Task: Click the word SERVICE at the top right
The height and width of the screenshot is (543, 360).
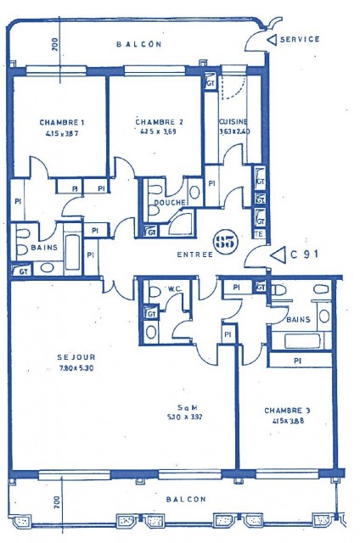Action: click(x=301, y=39)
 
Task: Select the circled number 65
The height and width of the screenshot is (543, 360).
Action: click(x=225, y=242)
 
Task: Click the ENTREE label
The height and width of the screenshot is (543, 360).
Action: click(x=194, y=255)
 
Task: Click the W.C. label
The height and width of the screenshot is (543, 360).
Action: click(x=176, y=288)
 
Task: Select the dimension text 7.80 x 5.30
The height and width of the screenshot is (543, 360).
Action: click(x=52, y=367)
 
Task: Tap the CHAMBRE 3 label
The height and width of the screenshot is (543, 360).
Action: click(x=286, y=410)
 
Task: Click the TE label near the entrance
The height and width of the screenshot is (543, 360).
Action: click(x=260, y=234)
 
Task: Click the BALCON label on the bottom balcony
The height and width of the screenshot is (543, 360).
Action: click(x=184, y=500)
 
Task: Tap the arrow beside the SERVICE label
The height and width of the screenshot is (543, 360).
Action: click(x=271, y=39)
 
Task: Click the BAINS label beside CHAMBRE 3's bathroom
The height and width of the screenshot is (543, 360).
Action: click(x=298, y=319)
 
